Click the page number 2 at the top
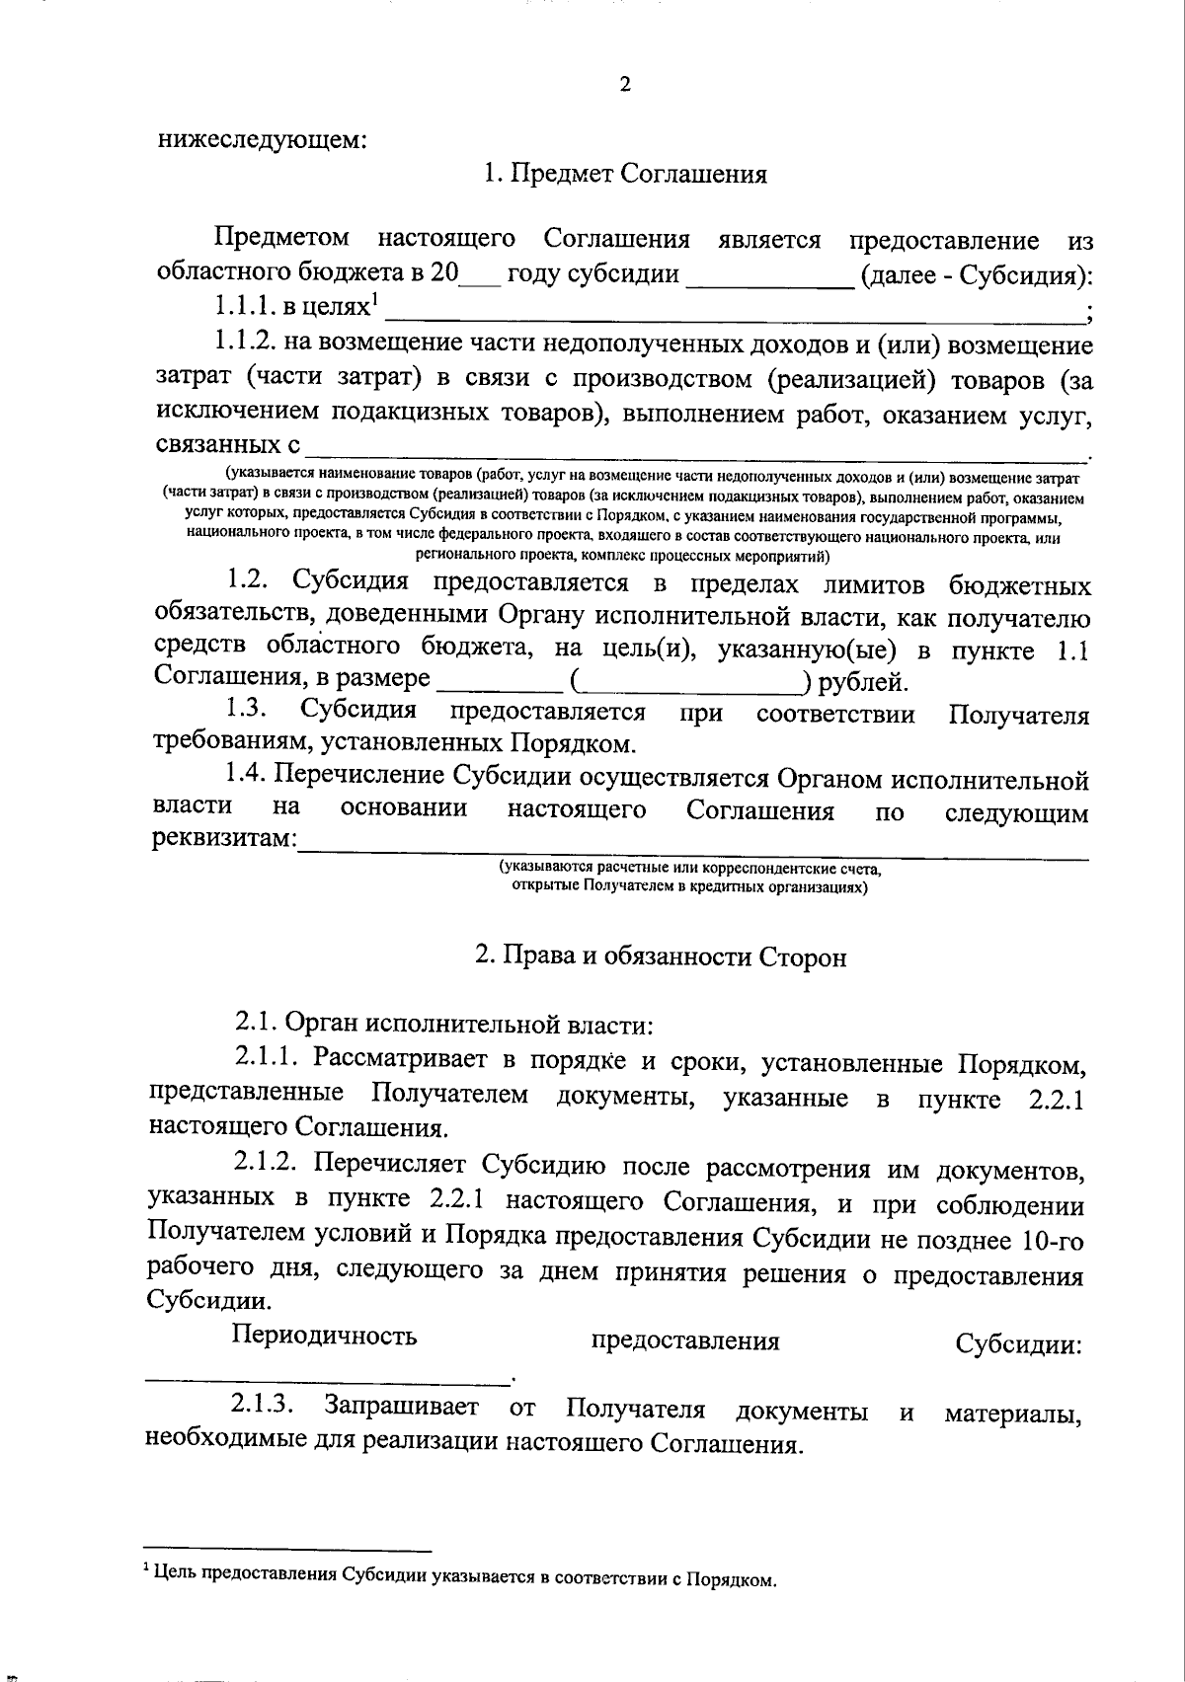click(x=624, y=84)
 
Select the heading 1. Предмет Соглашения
click(x=625, y=175)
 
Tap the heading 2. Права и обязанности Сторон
click(x=661, y=956)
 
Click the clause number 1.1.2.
click(x=244, y=344)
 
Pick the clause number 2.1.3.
click(x=263, y=1407)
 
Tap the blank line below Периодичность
click(x=326, y=1376)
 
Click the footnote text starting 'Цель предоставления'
click(x=463, y=1577)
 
